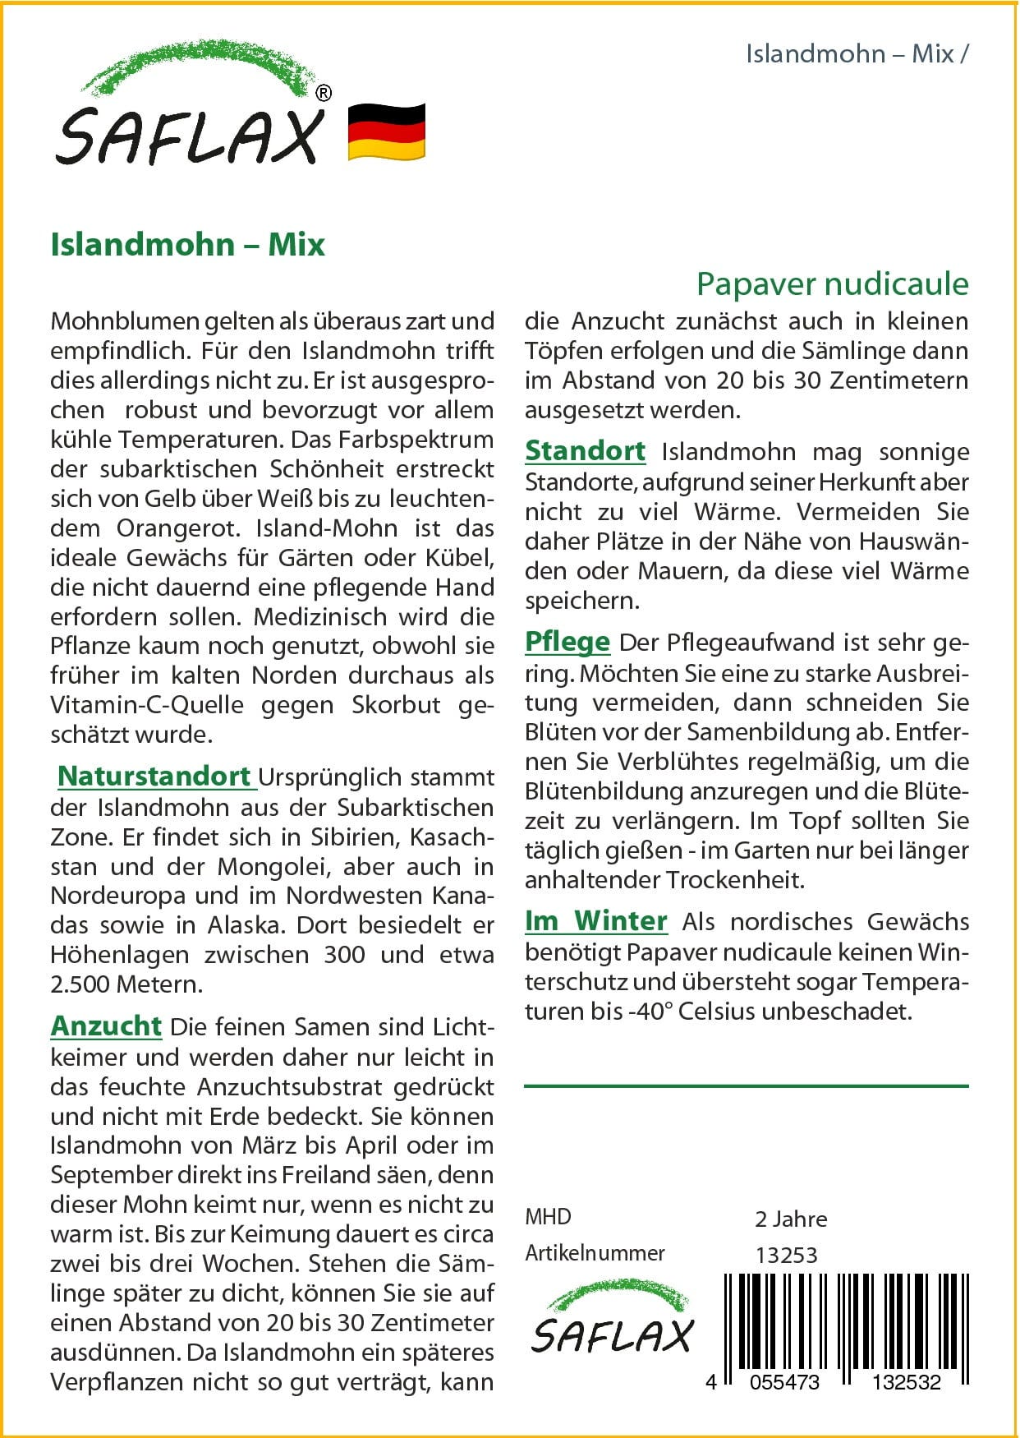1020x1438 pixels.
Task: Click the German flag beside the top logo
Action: point(386,131)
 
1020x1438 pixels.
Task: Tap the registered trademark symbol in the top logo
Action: point(324,94)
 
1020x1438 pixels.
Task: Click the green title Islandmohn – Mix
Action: point(188,244)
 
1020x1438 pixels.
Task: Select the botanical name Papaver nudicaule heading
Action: point(832,283)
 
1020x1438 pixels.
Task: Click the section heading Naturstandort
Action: point(154,776)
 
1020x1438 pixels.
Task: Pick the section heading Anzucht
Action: point(106,1025)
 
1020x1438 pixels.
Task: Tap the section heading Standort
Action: point(585,450)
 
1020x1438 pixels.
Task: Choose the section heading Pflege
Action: point(567,641)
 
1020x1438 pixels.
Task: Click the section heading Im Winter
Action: point(595,920)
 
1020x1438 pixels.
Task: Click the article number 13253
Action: point(786,1255)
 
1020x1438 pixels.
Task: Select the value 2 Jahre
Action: point(790,1219)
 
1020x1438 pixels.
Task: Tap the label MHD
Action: point(548,1217)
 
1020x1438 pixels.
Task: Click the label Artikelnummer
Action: point(595,1253)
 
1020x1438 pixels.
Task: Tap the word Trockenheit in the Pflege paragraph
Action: point(734,879)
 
